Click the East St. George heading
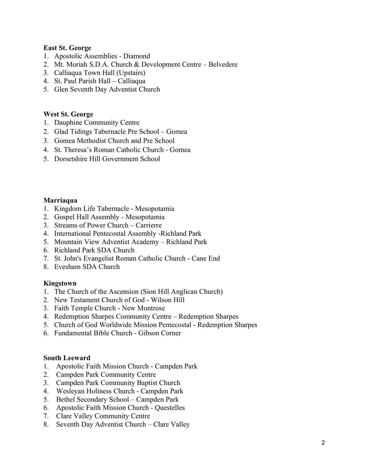67,48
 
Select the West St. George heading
68,114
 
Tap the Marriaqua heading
60,200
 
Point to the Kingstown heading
60,283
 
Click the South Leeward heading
67,358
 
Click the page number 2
323,443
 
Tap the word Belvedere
223,64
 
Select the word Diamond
137,56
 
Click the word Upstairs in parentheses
131,73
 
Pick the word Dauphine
68,123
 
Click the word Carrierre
149,225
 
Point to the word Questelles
170,408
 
